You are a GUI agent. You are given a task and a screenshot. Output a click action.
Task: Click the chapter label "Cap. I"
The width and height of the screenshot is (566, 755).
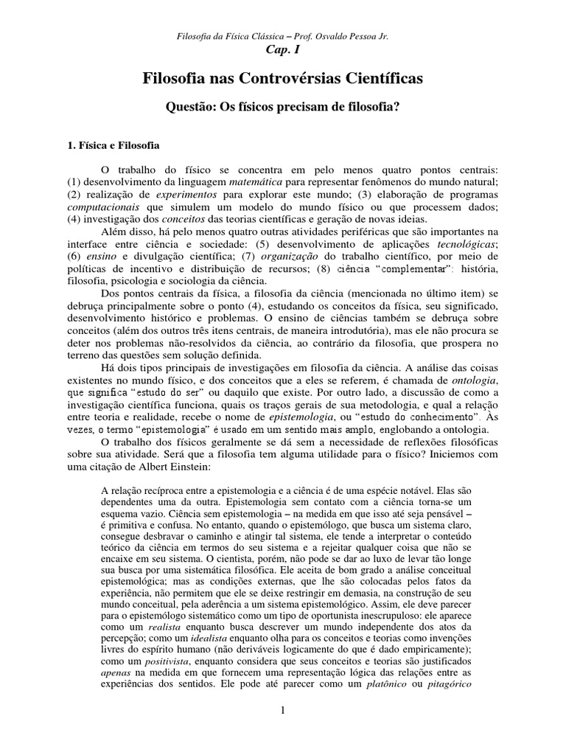point(283,49)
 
